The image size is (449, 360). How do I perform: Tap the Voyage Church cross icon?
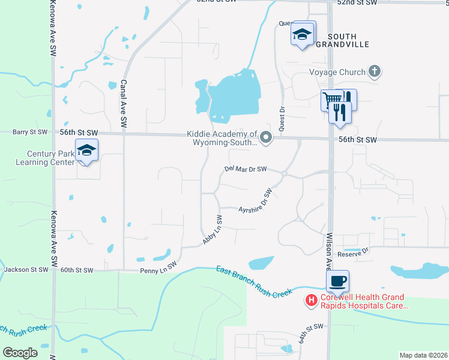[x=374, y=72]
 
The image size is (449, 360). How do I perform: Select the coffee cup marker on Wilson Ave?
[x=337, y=281]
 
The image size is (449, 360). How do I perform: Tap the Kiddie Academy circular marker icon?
[x=266, y=139]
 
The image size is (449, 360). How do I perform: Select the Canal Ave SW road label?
[x=124, y=103]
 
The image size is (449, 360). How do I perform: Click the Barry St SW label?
[x=31, y=131]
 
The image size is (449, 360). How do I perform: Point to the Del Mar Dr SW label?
[x=246, y=170]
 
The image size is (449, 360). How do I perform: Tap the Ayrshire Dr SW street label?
[x=256, y=203]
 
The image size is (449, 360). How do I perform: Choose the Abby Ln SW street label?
[x=214, y=229]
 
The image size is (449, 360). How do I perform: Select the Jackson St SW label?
[x=26, y=270]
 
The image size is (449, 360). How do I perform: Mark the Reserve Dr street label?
[x=356, y=253]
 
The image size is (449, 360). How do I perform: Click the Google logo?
[x=20, y=353]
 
